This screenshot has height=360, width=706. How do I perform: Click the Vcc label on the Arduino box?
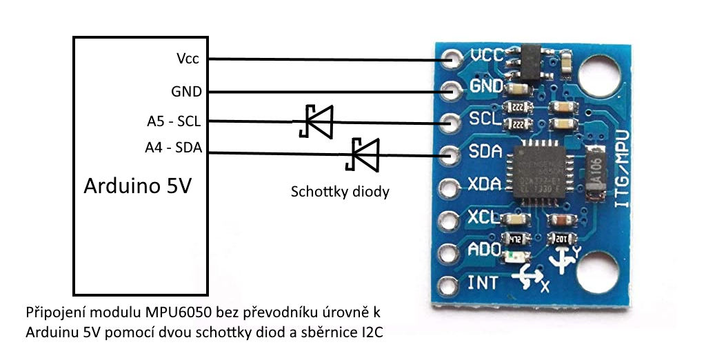click(x=188, y=59)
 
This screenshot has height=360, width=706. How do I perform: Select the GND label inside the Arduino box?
click(x=186, y=91)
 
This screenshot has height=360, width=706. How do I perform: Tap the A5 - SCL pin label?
click(x=174, y=122)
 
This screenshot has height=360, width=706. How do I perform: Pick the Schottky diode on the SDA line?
click(x=363, y=154)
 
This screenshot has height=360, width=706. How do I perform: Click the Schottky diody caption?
click(x=339, y=192)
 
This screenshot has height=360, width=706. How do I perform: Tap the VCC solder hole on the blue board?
click(x=453, y=57)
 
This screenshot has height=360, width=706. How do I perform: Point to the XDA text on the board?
click(x=484, y=185)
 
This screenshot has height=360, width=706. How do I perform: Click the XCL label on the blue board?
click(x=484, y=217)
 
